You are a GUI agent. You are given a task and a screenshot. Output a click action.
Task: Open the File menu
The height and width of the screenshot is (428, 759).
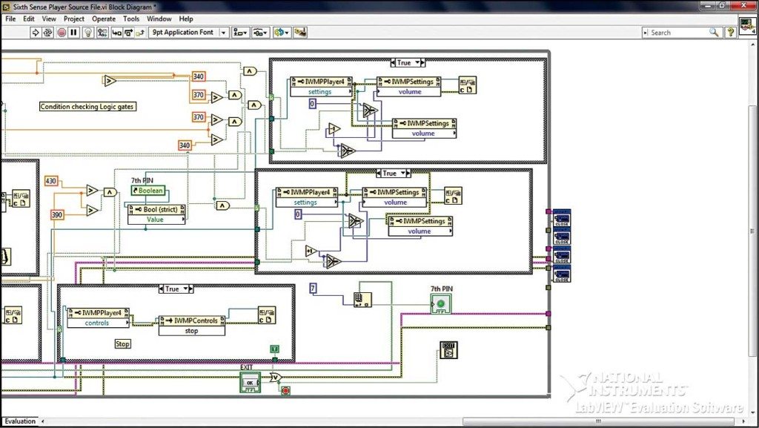[10, 19]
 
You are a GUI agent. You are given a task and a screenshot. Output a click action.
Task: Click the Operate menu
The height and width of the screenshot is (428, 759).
[104, 19]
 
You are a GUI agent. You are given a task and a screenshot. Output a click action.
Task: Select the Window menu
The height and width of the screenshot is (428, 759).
[159, 19]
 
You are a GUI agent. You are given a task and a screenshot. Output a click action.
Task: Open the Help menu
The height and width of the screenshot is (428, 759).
[186, 19]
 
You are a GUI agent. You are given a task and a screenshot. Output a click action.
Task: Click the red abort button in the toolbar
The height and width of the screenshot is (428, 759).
[62, 33]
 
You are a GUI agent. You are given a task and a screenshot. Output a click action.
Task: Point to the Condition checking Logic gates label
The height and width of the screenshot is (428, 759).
[88, 107]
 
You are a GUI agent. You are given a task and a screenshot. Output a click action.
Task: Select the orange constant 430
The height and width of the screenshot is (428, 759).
[51, 182]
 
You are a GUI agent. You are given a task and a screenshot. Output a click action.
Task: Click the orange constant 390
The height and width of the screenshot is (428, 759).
[57, 214]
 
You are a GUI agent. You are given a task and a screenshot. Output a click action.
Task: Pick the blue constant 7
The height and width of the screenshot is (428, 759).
[314, 288]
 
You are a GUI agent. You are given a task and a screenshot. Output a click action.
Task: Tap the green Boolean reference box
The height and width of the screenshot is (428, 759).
[146, 191]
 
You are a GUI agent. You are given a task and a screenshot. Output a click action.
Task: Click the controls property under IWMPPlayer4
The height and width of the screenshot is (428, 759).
[98, 323]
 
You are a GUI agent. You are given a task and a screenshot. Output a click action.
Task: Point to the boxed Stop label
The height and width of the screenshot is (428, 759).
[123, 344]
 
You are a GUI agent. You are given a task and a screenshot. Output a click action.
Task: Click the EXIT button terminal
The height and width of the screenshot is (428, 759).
[250, 383]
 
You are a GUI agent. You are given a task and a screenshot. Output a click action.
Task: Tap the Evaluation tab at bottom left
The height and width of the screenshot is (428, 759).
[20, 421]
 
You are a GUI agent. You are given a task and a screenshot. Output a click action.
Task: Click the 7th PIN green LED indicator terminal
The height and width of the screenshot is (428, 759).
[441, 304]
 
